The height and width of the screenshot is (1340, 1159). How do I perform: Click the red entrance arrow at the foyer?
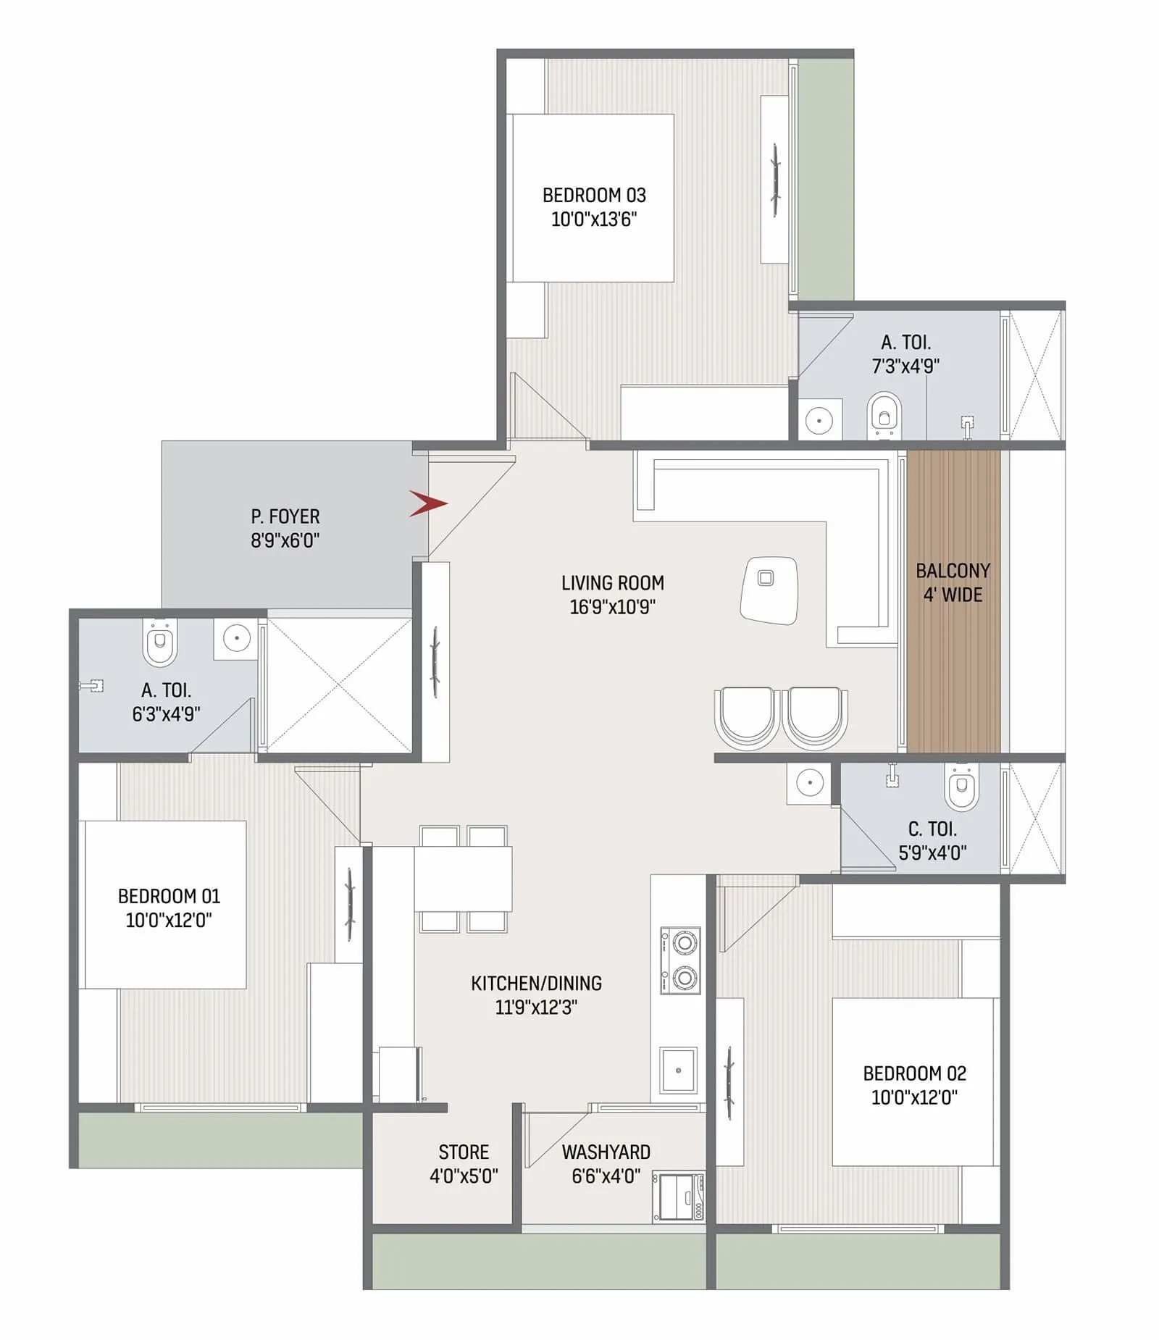427,503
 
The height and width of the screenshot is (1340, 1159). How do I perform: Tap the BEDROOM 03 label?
594,196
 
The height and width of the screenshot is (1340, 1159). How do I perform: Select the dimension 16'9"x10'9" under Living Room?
612,607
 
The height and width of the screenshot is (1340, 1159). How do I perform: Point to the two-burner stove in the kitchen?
680,960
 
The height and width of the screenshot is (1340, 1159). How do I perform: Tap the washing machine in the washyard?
678,1197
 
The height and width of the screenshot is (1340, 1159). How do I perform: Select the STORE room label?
464,1152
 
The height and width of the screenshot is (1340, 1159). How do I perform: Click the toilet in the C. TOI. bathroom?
961,786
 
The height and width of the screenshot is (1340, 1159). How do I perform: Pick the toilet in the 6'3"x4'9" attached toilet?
159,643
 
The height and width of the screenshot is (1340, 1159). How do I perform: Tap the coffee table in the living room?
769,590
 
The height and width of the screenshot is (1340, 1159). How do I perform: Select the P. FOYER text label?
285,516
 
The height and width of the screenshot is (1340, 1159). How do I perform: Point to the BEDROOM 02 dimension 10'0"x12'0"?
914,1097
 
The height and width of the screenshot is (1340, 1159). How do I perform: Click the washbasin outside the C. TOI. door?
808,783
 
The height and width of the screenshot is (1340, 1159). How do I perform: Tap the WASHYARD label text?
606,1152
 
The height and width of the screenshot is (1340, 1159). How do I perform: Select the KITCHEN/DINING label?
536,983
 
